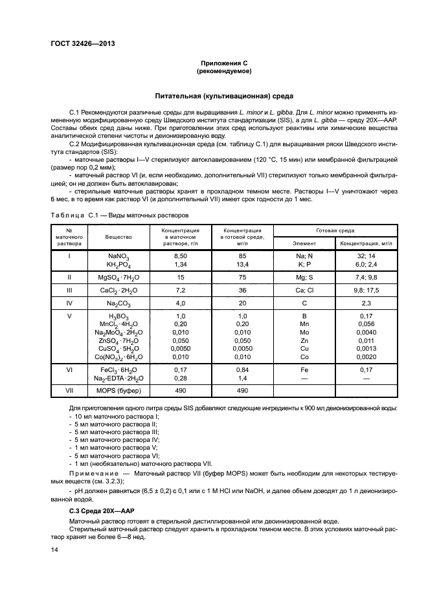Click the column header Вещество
click(119, 237)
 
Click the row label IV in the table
click(69, 302)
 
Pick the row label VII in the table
click(69, 391)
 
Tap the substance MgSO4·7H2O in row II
click(119, 276)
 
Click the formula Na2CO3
click(119, 303)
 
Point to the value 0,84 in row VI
click(240, 369)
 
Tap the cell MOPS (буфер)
click(119, 391)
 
